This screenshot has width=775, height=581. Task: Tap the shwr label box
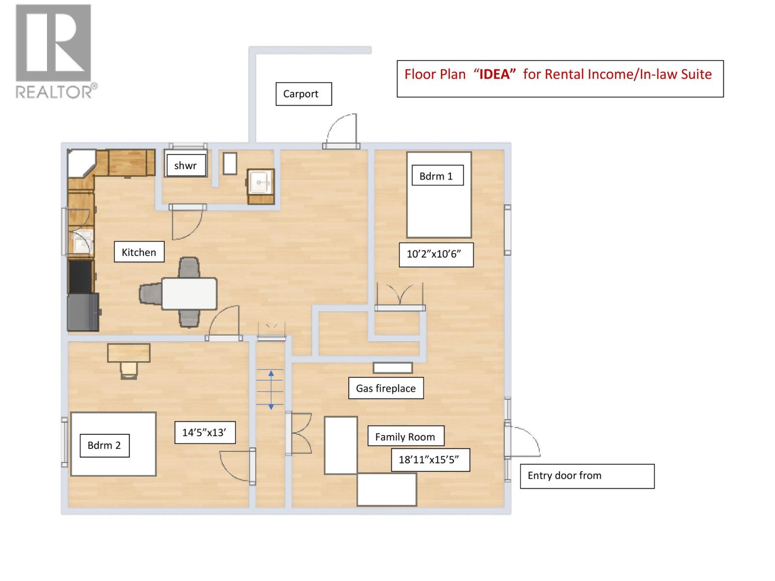(x=186, y=166)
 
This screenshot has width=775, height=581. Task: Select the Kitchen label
(x=139, y=252)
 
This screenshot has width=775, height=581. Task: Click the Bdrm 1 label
(x=436, y=176)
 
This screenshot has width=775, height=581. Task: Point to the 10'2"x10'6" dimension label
(x=435, y=254)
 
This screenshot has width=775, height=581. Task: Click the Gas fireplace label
(x=386, y=388)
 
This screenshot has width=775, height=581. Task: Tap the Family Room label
(x=405, y=437)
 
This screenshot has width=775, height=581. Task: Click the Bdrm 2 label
(x=104, y=445)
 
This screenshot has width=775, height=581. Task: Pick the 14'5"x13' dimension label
(x=205, y=432)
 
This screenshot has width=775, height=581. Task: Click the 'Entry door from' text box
(x=587, y=476)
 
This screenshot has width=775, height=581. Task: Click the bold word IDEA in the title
(x=495, y=74)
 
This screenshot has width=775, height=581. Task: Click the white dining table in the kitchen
(x=189, y=293)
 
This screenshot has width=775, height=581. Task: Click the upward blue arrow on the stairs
(x=271, y=374)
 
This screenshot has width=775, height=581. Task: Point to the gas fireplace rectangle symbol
(x=393, y=368)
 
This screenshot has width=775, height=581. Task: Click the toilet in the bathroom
(x=230, y=164)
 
